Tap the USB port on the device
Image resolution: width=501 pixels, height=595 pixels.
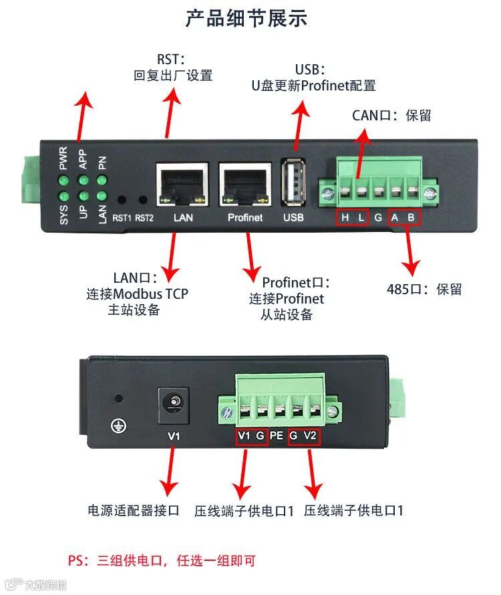(293, 182)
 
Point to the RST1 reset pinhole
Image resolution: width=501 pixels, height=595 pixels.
(122, 199)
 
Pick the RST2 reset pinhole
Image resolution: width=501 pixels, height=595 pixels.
(142, 199)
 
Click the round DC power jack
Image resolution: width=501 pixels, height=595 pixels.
(173, 404)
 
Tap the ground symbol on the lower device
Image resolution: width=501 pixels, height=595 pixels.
(119, 426)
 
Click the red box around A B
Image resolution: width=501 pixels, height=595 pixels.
(403, 217)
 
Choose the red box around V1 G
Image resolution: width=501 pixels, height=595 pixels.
(252, 437)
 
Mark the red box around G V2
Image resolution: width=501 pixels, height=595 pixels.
(304, 437)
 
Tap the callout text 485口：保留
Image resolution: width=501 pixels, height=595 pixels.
(424, 289)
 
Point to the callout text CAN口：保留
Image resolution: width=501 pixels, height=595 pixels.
(391, 115)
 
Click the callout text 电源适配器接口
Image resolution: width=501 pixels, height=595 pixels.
(134, 511)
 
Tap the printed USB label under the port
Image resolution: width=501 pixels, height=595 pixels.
(293, 217)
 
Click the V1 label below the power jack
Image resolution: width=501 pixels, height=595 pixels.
(174, 437)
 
